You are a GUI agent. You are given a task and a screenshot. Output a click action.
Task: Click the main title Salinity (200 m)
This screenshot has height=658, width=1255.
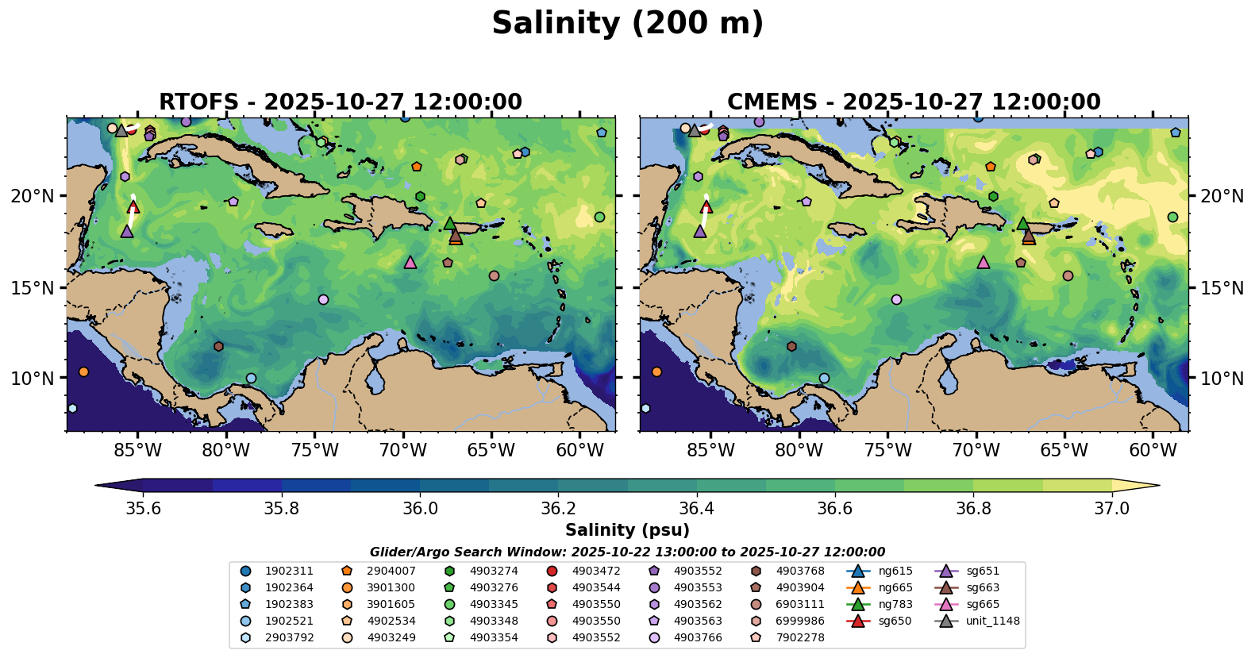(627, 24)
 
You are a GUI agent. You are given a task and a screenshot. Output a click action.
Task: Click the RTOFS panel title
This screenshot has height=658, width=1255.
(341, 102)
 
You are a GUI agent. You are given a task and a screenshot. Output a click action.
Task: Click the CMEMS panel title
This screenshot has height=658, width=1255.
(914, 102)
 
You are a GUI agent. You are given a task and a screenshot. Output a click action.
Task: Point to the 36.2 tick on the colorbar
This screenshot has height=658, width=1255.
(558, 494)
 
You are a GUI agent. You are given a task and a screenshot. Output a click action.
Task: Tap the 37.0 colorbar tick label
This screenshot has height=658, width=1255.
(1111, 509)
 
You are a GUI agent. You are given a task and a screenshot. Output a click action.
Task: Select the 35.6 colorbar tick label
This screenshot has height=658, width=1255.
(144, 509)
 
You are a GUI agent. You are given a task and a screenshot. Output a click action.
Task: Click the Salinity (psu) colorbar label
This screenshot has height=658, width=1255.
(627, 530)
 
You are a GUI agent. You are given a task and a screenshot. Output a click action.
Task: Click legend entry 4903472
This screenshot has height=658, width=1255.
(596, 571)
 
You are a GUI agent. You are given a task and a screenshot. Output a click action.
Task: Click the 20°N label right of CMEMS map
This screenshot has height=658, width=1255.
(1222, 196)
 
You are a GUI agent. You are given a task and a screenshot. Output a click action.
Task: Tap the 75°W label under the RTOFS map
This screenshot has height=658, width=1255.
(314, 451)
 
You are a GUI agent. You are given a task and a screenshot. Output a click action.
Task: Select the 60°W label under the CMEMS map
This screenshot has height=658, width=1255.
(1153, 451)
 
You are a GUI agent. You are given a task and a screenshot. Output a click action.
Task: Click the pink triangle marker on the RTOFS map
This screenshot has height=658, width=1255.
(410, 263)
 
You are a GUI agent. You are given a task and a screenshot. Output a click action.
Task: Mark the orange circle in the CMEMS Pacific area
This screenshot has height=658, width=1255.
(656, 371)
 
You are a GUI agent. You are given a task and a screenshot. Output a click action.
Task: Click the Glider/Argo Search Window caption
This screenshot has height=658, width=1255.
(627, 552)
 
